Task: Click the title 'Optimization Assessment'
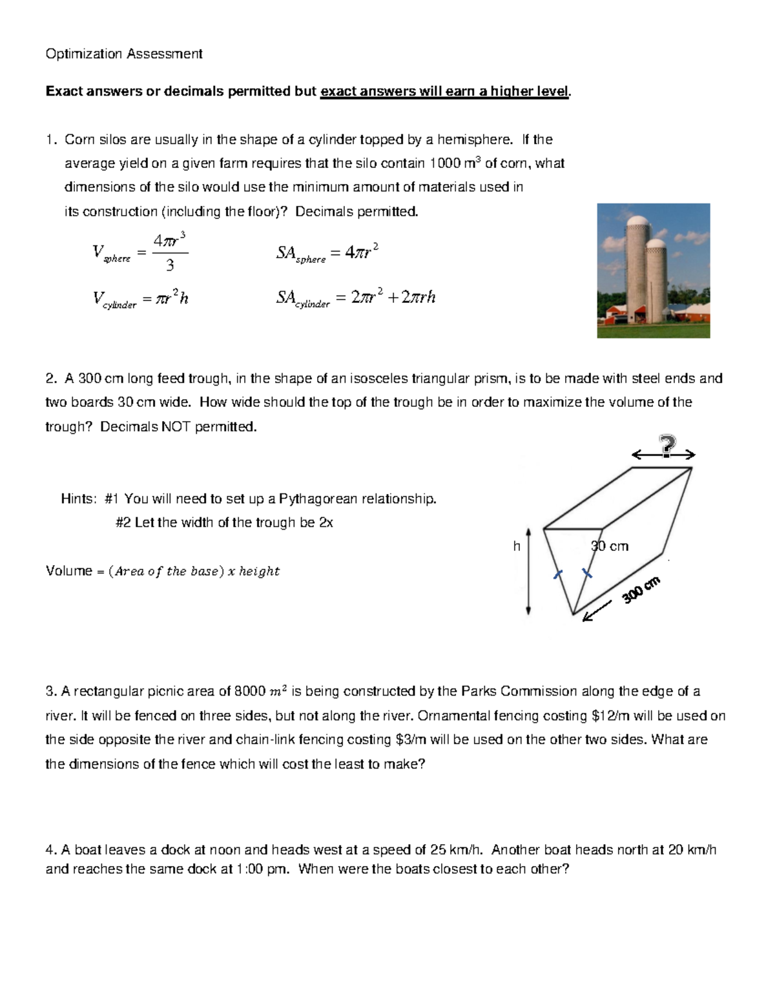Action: tap(123, 54)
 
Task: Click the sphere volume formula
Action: tap(140, 252)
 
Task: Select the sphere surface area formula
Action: tap(327, 253)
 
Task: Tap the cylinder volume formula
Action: tap(140, 298)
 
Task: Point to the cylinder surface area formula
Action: tap(355, 298)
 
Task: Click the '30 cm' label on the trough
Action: tap(609, 546)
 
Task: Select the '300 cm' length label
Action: tap(641, 590)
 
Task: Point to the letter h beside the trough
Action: tap(516, 546)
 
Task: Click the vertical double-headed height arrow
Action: tap(528, 571)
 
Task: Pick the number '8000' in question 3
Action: tap(249, 692)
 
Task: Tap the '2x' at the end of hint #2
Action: tap(325, 522)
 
